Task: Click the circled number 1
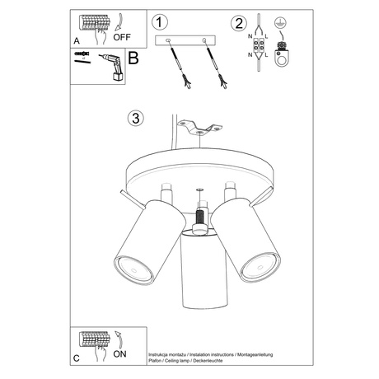tap(160, 22)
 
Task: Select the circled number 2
tap(239, 22)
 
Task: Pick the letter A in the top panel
tap(77, 39)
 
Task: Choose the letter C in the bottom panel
tap(77, 358)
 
